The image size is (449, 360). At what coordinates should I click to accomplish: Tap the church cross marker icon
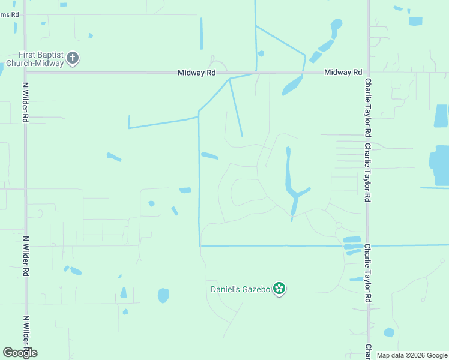(73, 58)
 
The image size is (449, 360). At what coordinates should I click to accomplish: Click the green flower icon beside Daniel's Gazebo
(279, 289)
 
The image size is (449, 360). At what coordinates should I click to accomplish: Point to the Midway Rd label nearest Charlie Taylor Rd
(343, 73)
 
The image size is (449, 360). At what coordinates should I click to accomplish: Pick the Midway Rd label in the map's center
(196, 73)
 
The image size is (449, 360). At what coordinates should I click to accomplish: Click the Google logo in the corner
(20, 353)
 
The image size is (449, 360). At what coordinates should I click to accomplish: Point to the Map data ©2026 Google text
(412, 355)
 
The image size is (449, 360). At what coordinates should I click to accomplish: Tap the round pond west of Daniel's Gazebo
(163, 295)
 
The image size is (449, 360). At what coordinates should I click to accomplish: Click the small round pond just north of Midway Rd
(261, 53)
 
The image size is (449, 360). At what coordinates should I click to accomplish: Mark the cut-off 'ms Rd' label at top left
(9, 14)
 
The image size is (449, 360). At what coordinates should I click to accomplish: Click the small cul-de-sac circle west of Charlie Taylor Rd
(339, 225)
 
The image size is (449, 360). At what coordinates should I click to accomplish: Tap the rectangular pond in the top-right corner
(415, 21)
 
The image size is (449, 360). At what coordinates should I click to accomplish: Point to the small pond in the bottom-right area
(389, 332)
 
